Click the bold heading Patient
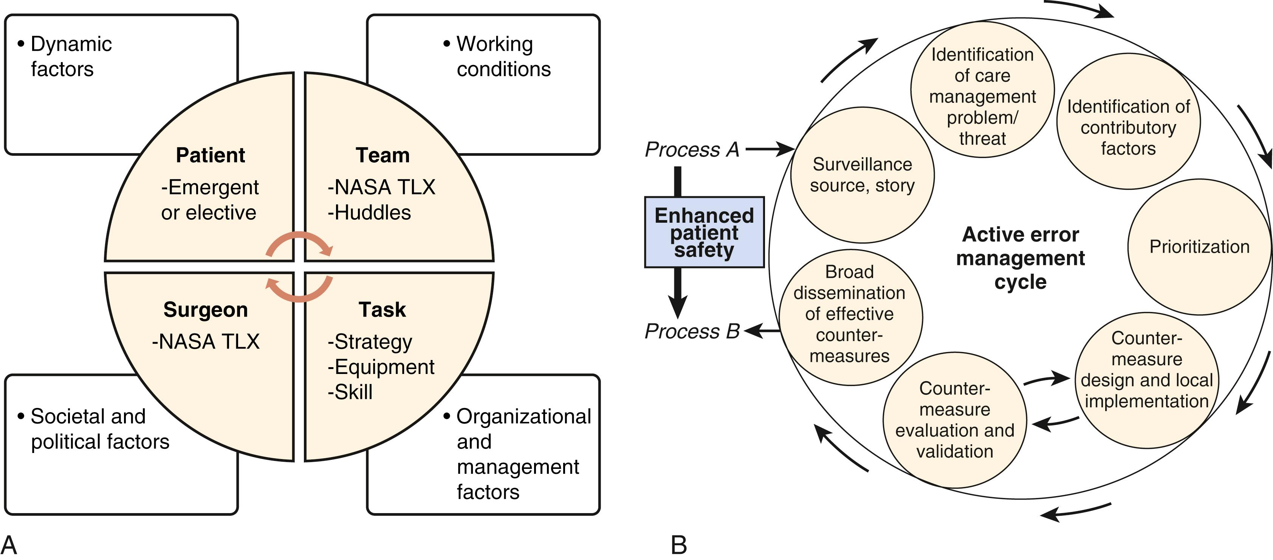210,155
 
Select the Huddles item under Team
369,213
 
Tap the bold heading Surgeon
206,310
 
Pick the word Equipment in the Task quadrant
381,367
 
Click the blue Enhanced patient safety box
704,232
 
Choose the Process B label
692,331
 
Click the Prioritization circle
1199,247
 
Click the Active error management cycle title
1020,258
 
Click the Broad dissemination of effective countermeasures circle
850,317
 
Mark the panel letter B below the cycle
678,545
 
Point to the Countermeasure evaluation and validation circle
954,420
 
